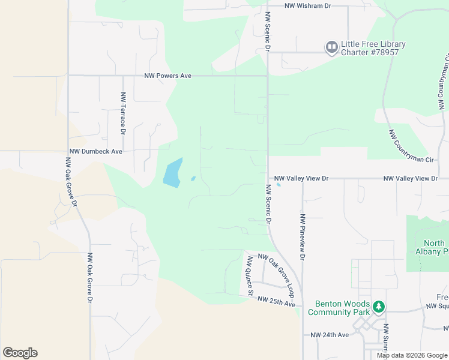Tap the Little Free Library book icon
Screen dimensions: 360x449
point(331,48)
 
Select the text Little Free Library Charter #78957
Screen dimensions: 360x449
point(373,48)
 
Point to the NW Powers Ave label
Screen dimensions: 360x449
point(167,76)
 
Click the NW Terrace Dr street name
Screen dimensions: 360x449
point(122,113)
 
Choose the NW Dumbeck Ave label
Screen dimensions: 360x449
point(96,152)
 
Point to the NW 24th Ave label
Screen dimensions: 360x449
point(330,335)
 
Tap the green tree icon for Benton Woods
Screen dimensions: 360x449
point(378,307)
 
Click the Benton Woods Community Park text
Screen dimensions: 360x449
point(339,308)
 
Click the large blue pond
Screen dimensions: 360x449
point(172,173)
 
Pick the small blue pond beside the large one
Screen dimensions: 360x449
point(193,178)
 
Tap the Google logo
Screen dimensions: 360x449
point(20,353)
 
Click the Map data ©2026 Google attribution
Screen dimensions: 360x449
point(411,355)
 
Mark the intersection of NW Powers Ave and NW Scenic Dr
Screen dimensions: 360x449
point(267,76)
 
